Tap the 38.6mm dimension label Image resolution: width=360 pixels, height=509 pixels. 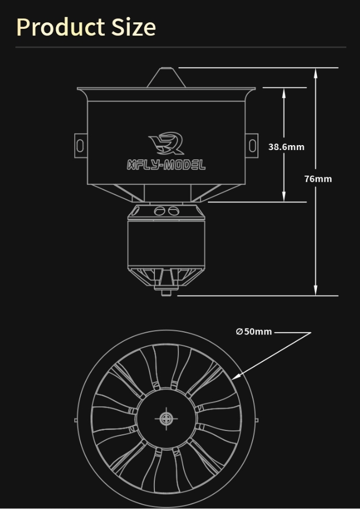(x=286, y=147)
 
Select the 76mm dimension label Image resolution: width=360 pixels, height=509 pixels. (x=318, y=179)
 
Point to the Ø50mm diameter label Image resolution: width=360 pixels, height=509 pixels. (x=254, y=332)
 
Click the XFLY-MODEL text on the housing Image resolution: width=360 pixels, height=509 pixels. (x=166, y=165)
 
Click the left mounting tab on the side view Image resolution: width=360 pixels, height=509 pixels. (x=80, y=145)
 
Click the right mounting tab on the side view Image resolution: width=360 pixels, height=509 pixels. (x=252, y=145)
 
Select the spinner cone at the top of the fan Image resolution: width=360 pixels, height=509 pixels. (x=166, y=77)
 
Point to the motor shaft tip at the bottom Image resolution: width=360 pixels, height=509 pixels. (x=166, y=293)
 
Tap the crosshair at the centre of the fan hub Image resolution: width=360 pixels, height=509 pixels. (x=166, y=418)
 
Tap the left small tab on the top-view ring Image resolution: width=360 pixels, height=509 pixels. (x=76, y=420)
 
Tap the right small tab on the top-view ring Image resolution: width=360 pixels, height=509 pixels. (x=257, y=420)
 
